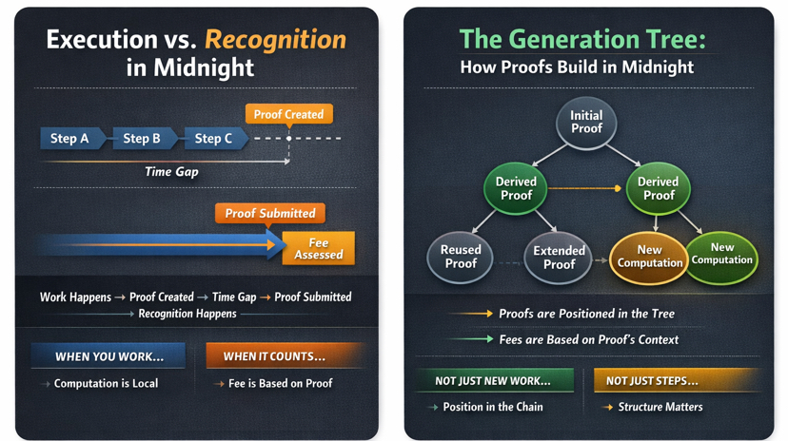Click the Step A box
(x=70, y=139)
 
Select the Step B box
(x=142, y=139)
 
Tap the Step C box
(x=213, y=139)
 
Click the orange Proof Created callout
(x=288, y=114)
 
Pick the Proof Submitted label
(x=270, y=213)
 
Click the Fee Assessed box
(x=318, y=248)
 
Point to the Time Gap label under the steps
(x=171, y=172)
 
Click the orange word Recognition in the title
(x=275, y=40)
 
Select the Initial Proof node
(x=586, y=123)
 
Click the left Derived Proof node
(x=516, y=188)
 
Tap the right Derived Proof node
(x=658, y=188)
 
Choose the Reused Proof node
(x=461, y=257)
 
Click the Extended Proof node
(x=559, y=258)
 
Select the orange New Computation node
(x=649, y=257)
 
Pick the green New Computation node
(x=722, y=254)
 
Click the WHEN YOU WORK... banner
(x=108, y=356)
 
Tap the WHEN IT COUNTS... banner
(x=274, y=356)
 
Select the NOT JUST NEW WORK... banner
(x=493, y=381)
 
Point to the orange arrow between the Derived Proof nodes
(x=585, y=188)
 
